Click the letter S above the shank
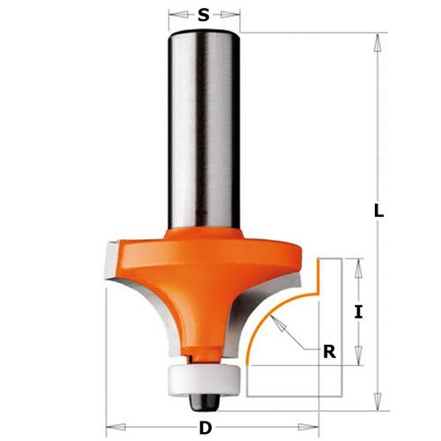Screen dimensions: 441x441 (x=204, y=14)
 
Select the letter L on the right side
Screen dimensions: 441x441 (x=378, y=212)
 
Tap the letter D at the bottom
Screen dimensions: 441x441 (x=205, y=428)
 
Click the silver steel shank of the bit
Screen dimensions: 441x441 (x=204, y=132)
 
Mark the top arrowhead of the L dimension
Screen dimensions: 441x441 (x=378, y=40)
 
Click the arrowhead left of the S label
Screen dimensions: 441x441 (x=174, y=15)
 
